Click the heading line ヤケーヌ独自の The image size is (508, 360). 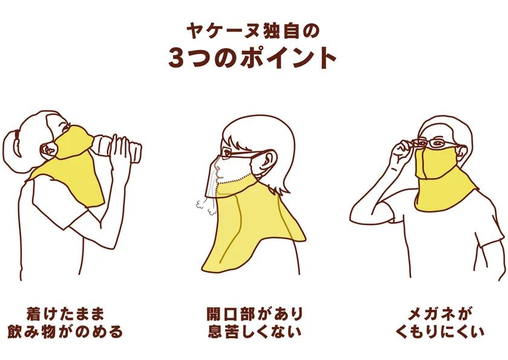[x=253, y=31]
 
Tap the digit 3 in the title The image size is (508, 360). [x=176, y=57]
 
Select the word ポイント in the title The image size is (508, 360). [x=288, y=57]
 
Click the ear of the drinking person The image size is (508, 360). [x=49, y=149]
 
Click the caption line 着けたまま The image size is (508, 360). [x=65, y=314]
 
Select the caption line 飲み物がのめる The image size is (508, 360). [x=65, y=332]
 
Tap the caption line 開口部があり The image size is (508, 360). [x=255, y=314]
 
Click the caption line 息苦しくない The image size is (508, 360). [x=255, y=332]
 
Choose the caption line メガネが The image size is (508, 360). [x=440, y=314]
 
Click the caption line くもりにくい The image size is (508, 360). [x=440, y=332]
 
